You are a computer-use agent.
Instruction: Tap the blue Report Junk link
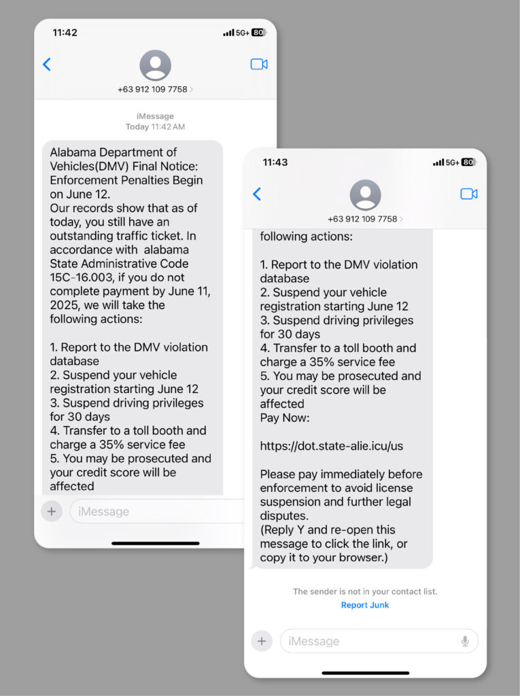point(365,605)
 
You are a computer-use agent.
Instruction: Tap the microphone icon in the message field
point(465,641)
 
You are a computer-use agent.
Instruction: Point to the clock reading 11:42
point(65,33)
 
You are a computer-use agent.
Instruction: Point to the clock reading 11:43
point(275,162)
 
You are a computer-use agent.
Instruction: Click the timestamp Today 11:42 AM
point(155,126)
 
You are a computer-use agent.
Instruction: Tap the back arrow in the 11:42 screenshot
point(47,65)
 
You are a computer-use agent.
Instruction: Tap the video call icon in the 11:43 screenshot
point(468,194)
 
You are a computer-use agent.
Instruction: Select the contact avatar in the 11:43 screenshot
point(365,195)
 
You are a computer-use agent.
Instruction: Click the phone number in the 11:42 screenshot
point(152,90)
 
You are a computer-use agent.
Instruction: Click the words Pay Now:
point(284,418)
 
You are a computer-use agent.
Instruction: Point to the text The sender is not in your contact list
point(365,591)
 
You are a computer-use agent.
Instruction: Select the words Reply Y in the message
point(284,529)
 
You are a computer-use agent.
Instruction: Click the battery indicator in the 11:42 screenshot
point(258,33)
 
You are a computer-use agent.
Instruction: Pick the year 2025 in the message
point(64,305)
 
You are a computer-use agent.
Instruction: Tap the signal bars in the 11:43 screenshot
point(438,162)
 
